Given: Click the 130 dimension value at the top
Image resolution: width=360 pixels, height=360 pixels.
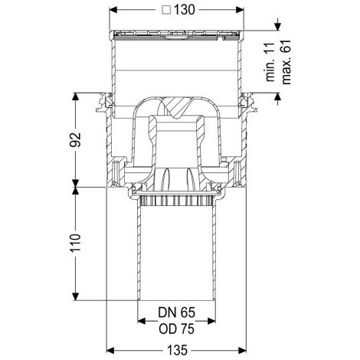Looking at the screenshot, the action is click(x=185, y=10).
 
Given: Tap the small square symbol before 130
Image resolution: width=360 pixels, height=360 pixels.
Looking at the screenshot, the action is click(x=167, y=10).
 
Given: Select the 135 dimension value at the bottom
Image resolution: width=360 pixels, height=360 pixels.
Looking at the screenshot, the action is click(x=178, y=350).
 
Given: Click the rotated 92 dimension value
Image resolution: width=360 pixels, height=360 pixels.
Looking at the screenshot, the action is click(x=76, y=139).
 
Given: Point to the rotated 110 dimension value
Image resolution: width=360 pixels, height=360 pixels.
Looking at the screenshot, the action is click(x=76, y=243).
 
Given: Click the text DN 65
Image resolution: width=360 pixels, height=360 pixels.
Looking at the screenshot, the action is click(x=176, y=313).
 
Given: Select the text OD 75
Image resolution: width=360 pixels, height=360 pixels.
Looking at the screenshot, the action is click(x=176, y=329).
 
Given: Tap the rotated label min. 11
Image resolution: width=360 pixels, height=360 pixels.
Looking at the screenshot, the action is click(x=270, y=62).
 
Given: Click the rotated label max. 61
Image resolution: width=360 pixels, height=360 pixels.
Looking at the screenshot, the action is click(x=286, y=62).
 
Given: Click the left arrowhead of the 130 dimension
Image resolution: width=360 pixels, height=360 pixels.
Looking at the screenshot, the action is click(x=113, y=10).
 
